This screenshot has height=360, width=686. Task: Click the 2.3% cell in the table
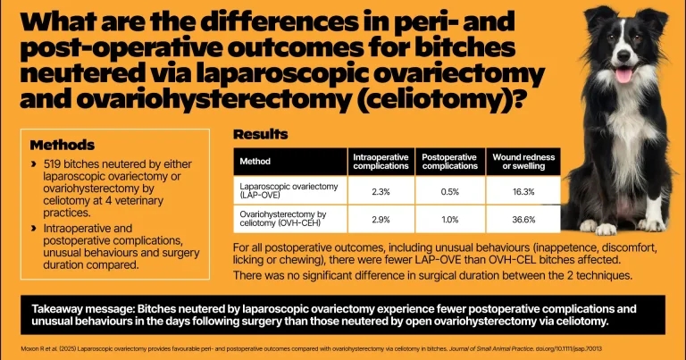click(x=378, y=190)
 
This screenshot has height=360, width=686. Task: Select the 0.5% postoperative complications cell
click(x=449, y=190)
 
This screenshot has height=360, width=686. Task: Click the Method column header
click(x=255, y=162)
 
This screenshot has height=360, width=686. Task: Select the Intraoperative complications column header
click(x=378, y=162)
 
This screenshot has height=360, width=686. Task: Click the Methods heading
click(x=63, y=145)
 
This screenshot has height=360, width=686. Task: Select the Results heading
click(x=260, y=135)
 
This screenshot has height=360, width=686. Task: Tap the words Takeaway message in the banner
click(x=77, y=304)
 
